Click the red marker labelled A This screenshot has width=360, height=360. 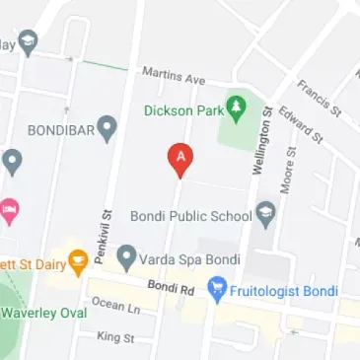click(180, 157)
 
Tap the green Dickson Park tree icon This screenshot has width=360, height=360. click(237, 104)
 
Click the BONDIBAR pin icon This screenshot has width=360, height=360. click(107, 127)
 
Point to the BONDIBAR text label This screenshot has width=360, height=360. click(60, 128)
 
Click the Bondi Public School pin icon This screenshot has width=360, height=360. click(264, 212)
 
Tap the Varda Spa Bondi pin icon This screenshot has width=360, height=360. click(126, 258)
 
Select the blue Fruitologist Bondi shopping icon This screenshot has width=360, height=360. click(217, 290)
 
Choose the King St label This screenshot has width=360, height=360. click(115, 337)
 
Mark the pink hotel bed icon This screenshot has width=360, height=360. click(9, 208)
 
